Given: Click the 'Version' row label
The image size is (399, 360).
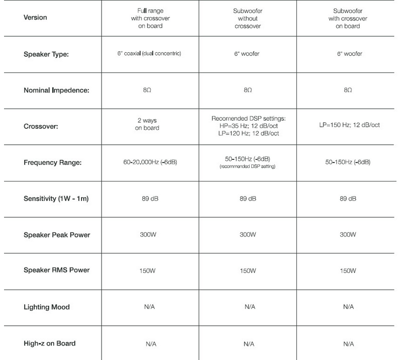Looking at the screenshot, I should pyautogui.click(x=35, y=17).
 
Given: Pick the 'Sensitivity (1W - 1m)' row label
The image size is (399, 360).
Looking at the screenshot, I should pyautogui.click(x=60, y=199).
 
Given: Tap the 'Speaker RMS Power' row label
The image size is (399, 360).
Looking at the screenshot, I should pyautogui.click(x=56, y=270).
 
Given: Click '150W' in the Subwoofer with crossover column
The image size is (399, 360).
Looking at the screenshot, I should pyautogui.click(x=346, y=271).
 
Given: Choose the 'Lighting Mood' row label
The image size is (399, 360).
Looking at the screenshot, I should pyautogui.click(x=47, y=306).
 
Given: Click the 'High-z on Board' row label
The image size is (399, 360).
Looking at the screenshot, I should pyautogui.click(x=50, y=343).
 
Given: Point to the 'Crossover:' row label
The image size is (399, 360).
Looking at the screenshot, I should pyautogui.click(x=41, y=127).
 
